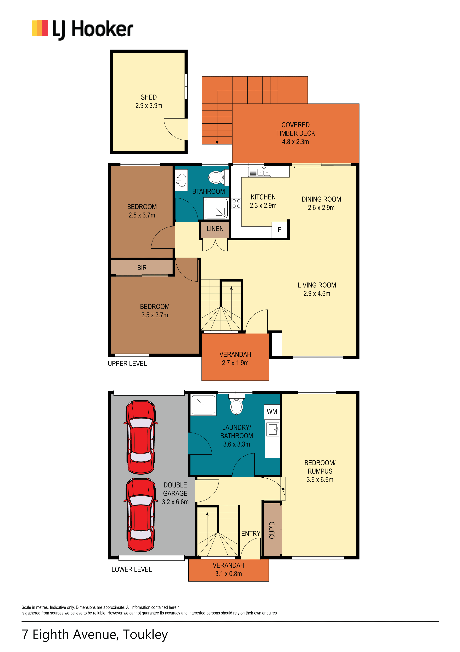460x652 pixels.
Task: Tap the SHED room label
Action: click(x=149, y=97)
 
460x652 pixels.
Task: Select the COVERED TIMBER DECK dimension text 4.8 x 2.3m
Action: click(x=295, y=141)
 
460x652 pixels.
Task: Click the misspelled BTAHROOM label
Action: click(x=209, y=191)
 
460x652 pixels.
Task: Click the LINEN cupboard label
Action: click(x=215, y=229)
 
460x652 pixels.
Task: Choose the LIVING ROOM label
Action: click(x=317, y=285)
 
